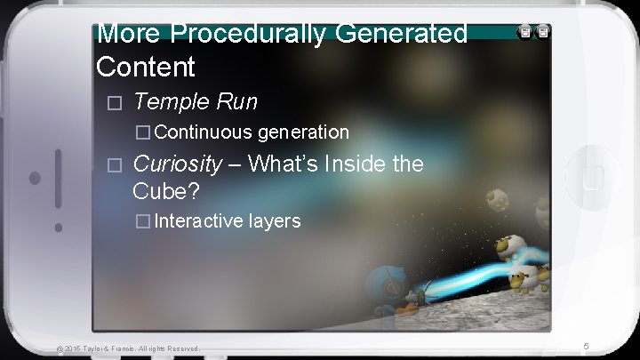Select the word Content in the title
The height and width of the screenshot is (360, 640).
[145, 67]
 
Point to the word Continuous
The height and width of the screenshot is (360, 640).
[204, 132]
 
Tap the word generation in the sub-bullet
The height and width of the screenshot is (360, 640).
[303, 132]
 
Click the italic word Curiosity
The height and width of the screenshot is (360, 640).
[177, 164]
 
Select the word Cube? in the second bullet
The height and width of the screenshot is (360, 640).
[166, 190]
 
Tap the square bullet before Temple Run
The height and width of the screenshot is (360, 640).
[112, 103]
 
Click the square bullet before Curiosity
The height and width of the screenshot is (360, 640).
[112, 164]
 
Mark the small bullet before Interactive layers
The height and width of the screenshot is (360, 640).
[141, 221]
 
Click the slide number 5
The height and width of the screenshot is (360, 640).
[586, 345]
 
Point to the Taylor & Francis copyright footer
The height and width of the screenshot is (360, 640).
[128, 348]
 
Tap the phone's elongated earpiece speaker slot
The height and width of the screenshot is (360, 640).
[59, 178]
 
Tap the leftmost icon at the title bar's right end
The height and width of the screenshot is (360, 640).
[524, 32]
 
